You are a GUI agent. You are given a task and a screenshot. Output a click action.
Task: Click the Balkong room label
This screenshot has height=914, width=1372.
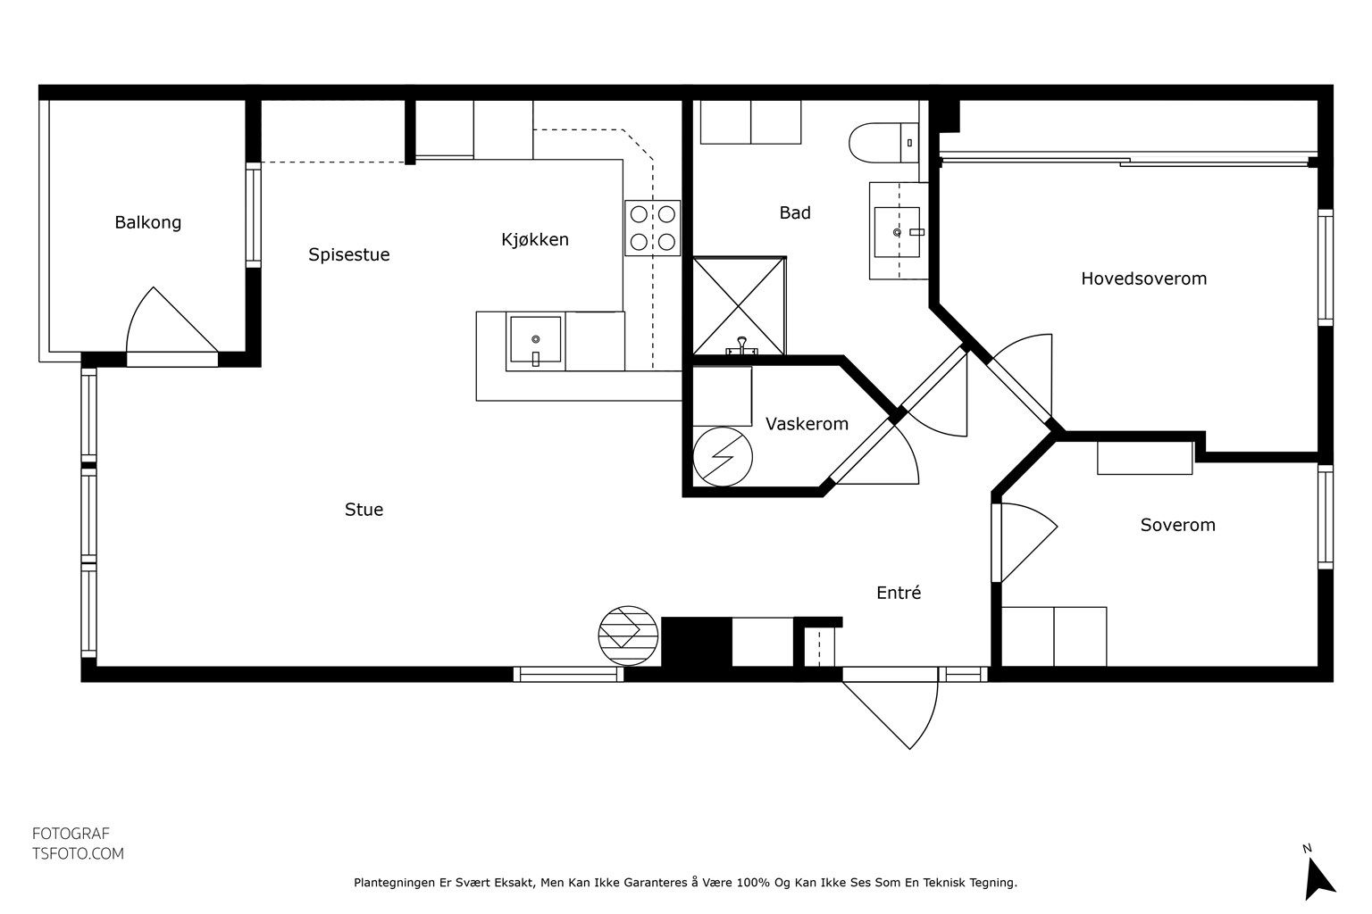tap(148, 222)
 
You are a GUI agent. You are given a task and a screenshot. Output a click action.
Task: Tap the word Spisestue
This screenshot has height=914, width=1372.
tap(349, 254)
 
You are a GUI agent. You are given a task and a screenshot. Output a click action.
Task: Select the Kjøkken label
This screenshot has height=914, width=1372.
tap(535, 239)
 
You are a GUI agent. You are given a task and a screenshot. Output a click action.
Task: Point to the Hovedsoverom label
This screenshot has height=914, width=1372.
tap(1143, 278)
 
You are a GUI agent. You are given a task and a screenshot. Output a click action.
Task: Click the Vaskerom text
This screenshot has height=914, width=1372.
tap(807, 424)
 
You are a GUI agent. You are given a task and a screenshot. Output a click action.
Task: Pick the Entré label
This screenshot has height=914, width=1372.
tap(899, 592)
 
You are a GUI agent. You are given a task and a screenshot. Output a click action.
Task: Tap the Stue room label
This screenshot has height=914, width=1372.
tap(364, 510)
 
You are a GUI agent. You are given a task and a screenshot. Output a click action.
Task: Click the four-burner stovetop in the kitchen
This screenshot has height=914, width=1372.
tap(652, 228)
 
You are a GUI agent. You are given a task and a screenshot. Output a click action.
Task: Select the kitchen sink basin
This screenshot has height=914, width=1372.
tap(535, 340)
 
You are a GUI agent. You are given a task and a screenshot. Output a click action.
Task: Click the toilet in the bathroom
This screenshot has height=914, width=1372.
tap(883, 143)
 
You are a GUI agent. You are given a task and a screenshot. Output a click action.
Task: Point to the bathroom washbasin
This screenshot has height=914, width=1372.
tap(898, 232)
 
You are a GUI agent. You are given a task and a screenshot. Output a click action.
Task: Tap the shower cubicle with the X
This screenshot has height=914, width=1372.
tap(739, 306)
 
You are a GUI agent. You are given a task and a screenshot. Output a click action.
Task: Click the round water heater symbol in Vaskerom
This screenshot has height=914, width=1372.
tap(723, 457)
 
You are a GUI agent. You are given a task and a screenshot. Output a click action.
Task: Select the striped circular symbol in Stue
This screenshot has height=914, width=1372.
tap(628, 636)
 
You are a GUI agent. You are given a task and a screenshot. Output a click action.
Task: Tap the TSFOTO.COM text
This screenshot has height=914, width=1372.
tap(78, 853)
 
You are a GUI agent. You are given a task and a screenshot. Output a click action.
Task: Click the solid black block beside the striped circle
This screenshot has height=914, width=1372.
tap(697, 642)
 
